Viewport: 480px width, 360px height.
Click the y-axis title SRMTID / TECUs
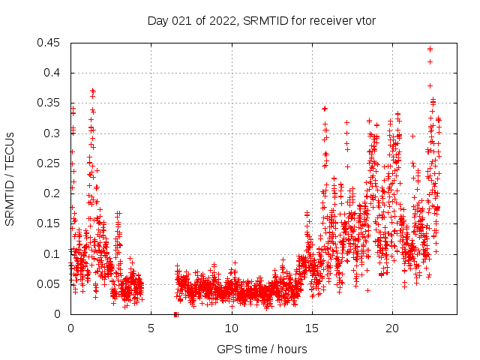(10, 178)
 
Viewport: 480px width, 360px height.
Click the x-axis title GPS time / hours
(262, 349)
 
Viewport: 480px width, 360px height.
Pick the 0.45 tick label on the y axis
(50, 43)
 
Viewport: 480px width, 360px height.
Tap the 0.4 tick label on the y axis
(53, 73)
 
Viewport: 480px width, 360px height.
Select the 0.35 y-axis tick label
(50, 103)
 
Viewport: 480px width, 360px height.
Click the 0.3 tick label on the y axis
(53, 133)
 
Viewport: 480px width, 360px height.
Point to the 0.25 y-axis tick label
(50, 163)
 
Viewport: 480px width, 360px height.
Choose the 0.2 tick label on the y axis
(53, 193)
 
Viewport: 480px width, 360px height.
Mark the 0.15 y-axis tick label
(50, 223)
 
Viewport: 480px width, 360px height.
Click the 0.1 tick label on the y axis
(53, 253)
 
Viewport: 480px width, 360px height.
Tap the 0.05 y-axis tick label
(50, 284)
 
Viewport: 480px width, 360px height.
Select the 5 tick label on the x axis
(151, 328)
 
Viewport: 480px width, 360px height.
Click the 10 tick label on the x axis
(232, 328)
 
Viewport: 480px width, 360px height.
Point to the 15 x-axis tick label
(312, 328)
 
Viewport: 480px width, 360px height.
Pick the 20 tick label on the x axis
(392, 328)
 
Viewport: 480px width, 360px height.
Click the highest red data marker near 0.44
(430, 49)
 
